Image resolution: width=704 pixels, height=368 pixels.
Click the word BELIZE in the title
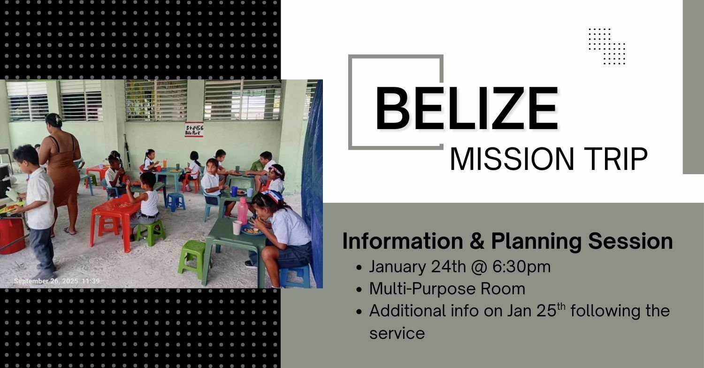(467, 108)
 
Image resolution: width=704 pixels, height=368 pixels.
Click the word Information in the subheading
(403, 241)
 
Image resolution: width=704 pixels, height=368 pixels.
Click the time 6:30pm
(521, 267)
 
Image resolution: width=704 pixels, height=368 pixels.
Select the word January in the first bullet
(398, 267)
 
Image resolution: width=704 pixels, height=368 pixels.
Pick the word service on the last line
(397, 333)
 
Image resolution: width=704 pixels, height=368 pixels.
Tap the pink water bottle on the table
(242, 211)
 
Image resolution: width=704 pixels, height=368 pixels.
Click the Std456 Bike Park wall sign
(194, 130)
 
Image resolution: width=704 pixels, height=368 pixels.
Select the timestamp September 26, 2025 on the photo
(46, 281)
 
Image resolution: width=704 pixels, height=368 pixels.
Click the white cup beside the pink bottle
(237, 228)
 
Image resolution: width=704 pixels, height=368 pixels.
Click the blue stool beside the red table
(175, 202)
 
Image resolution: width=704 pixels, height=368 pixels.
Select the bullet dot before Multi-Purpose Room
(360, 290)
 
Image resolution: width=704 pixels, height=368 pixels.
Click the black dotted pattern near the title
(607, 46)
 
